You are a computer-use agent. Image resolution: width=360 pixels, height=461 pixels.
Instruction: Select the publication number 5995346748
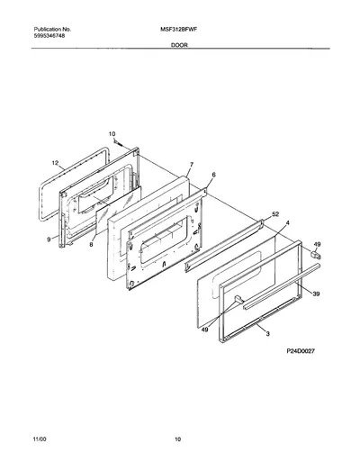coord(49,36)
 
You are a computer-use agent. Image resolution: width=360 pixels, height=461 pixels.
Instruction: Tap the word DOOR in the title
coord(179,45)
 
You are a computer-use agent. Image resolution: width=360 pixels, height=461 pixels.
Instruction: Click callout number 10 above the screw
coord(112,134)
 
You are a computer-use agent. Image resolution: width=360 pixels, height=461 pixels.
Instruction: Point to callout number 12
coord(55,163)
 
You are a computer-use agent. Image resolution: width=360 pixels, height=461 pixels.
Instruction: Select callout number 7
coord(192,165)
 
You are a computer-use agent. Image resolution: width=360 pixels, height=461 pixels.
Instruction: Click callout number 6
coord(213,175)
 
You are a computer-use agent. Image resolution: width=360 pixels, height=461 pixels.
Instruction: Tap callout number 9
coord(49,240)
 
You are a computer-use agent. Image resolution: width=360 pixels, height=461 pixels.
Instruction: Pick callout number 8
coord(91,245)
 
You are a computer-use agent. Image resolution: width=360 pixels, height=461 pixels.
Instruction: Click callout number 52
coord(275,214)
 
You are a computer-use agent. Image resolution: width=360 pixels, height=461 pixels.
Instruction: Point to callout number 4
coord(288,222)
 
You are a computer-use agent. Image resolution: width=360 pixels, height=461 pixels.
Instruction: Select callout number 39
coord(316,294)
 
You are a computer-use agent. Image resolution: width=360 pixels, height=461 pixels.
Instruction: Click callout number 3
coord(268,333)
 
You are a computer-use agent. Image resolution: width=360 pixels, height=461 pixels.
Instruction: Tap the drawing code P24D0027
coord(301,351)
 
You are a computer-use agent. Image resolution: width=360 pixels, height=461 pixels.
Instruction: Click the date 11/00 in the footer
coord(40,439)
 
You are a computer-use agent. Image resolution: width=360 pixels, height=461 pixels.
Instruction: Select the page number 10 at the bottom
coord(178,439)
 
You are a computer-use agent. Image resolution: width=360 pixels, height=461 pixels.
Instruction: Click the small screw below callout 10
coord(117,142)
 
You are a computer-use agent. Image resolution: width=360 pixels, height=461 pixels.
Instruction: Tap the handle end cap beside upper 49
coord(315,256)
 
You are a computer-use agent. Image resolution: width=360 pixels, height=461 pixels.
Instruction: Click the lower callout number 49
coord(204,330)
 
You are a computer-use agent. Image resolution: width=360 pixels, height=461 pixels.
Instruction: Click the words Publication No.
coord(52,30)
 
